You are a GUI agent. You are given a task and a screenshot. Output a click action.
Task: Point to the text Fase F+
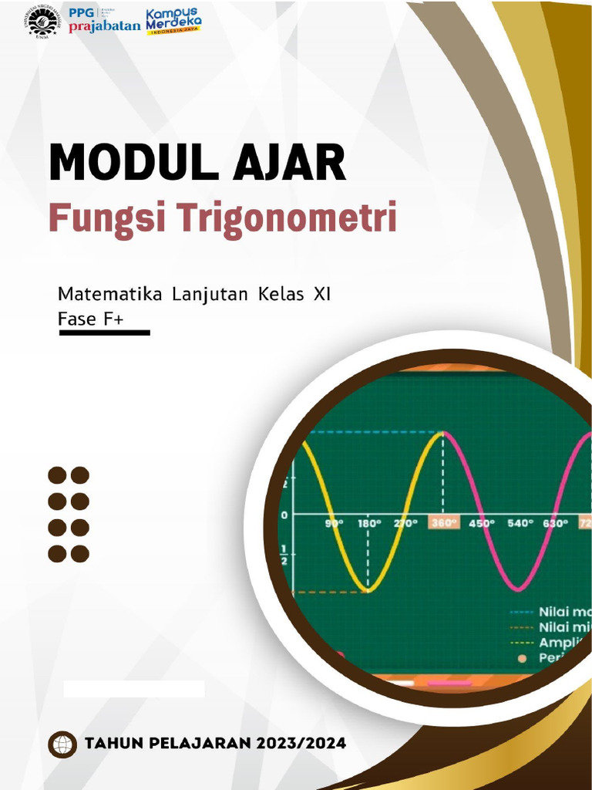91,318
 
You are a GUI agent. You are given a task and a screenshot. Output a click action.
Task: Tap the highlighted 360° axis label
443,523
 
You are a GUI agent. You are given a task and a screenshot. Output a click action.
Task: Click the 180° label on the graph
368,523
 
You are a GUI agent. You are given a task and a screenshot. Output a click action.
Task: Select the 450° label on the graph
482,523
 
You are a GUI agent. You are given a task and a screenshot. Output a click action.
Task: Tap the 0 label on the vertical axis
284,515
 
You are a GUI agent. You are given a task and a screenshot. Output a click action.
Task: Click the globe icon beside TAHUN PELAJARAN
62,744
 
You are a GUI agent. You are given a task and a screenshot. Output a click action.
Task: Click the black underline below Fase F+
104,333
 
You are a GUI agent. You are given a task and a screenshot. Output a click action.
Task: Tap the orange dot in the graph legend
522,658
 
